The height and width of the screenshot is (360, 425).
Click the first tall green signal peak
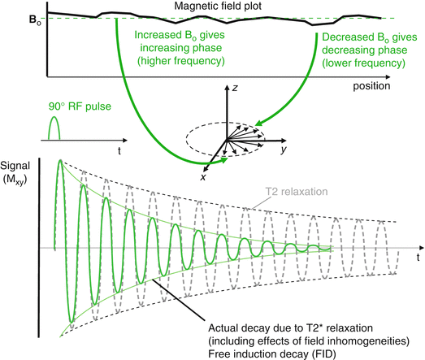pyautogui.click(x=59, y=165)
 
